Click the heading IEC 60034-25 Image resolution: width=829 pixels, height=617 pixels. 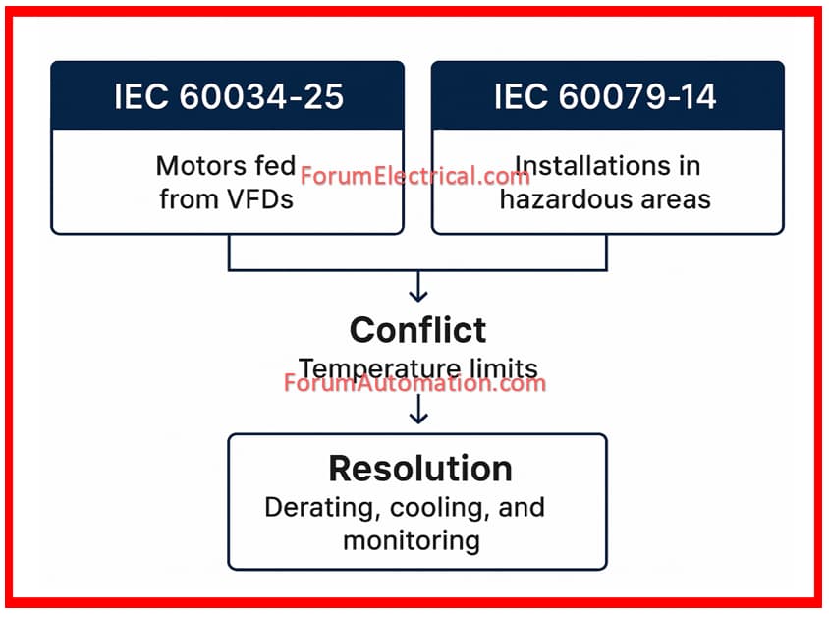(x=229, y=96)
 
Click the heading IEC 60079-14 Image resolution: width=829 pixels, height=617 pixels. (x=605, y=96)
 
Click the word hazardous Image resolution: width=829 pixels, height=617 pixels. (x=565, y=199)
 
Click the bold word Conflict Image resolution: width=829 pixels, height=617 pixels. (x=417, y=330)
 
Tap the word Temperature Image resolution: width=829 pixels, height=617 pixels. (x=379, y=368)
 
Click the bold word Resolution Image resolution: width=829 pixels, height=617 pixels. (x=420, y=469)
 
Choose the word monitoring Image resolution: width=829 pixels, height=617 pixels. (x=412, y=541)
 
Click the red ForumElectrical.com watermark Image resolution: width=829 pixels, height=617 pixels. (x=415, y=176)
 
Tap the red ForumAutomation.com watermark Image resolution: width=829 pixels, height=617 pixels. (x=415, y=383)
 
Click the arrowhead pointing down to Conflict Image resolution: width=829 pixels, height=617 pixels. (x=418, y=296)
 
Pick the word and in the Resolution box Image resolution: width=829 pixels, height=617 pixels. (x=522, y=508)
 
